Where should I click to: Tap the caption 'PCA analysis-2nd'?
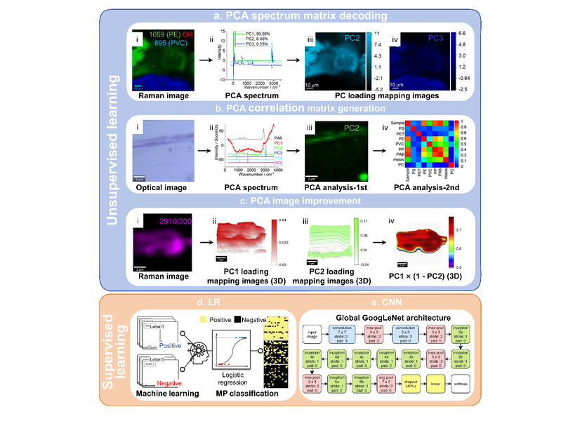click(425, 189)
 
